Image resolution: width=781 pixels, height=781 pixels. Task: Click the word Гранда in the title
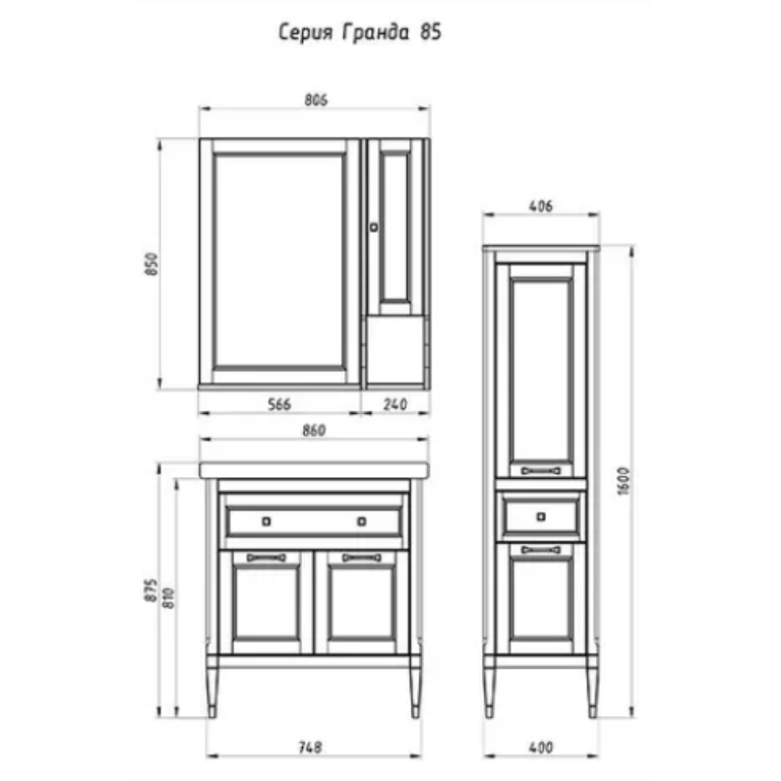tap(376, 32)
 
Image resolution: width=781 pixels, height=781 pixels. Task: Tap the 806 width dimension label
tap(316, 100)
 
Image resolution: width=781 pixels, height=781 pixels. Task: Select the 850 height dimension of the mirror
tap(152, 264)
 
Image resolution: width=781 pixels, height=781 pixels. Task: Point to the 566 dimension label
tap(279, 404)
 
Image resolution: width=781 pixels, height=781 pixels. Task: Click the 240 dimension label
tap(395, 404)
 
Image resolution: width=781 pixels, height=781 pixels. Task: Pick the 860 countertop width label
tap(314, 430)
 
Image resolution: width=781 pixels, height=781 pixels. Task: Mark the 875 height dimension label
tap(152, 590)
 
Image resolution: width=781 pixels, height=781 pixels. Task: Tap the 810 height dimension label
tap(169, 597)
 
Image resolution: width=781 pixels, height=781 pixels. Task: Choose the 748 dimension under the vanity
tap(310, 747)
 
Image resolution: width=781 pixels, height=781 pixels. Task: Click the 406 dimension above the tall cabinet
tap(540, 205)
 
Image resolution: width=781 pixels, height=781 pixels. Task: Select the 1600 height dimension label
tap(623, 480)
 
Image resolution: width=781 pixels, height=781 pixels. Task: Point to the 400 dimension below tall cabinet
tap(540, 747)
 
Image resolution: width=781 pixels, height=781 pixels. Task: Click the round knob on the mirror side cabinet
tap(373, 227)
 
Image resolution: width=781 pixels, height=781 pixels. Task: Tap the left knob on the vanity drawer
tap(266, 522)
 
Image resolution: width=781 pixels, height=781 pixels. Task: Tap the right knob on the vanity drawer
tap(362, 522)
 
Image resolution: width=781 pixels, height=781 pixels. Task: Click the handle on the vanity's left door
tap(266, 558)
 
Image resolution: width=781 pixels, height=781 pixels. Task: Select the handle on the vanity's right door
tap(362, 558)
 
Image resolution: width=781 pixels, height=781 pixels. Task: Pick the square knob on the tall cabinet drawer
tap(541, 517)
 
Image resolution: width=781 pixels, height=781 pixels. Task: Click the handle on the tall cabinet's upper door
tap(541, 471)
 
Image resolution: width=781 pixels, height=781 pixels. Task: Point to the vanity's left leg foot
tap(212, 711)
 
